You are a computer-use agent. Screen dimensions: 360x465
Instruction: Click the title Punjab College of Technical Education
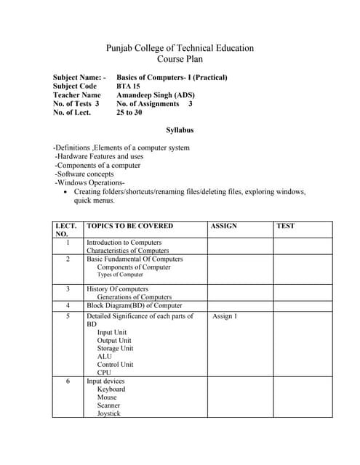[180, 48]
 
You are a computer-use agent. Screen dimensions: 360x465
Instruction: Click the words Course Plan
[180, 59]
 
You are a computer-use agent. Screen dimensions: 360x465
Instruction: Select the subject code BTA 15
[128, 86]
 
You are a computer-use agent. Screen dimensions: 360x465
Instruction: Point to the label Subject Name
[79, 77]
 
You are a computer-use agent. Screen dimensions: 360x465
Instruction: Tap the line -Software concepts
[84, 174]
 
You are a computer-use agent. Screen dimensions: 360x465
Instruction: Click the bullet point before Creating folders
[66, 192]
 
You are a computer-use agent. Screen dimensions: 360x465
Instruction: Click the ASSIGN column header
[223, 226]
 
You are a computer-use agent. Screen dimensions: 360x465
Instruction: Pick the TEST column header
[286, 226]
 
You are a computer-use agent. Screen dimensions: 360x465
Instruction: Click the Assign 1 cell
[225, 316]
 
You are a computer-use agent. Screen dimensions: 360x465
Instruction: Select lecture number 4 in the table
[67, 305]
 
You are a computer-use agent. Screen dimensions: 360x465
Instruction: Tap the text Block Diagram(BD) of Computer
[135, 305]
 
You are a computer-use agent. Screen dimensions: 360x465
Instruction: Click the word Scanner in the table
[109, 405]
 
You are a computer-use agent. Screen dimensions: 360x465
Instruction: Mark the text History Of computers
[117, 288]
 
